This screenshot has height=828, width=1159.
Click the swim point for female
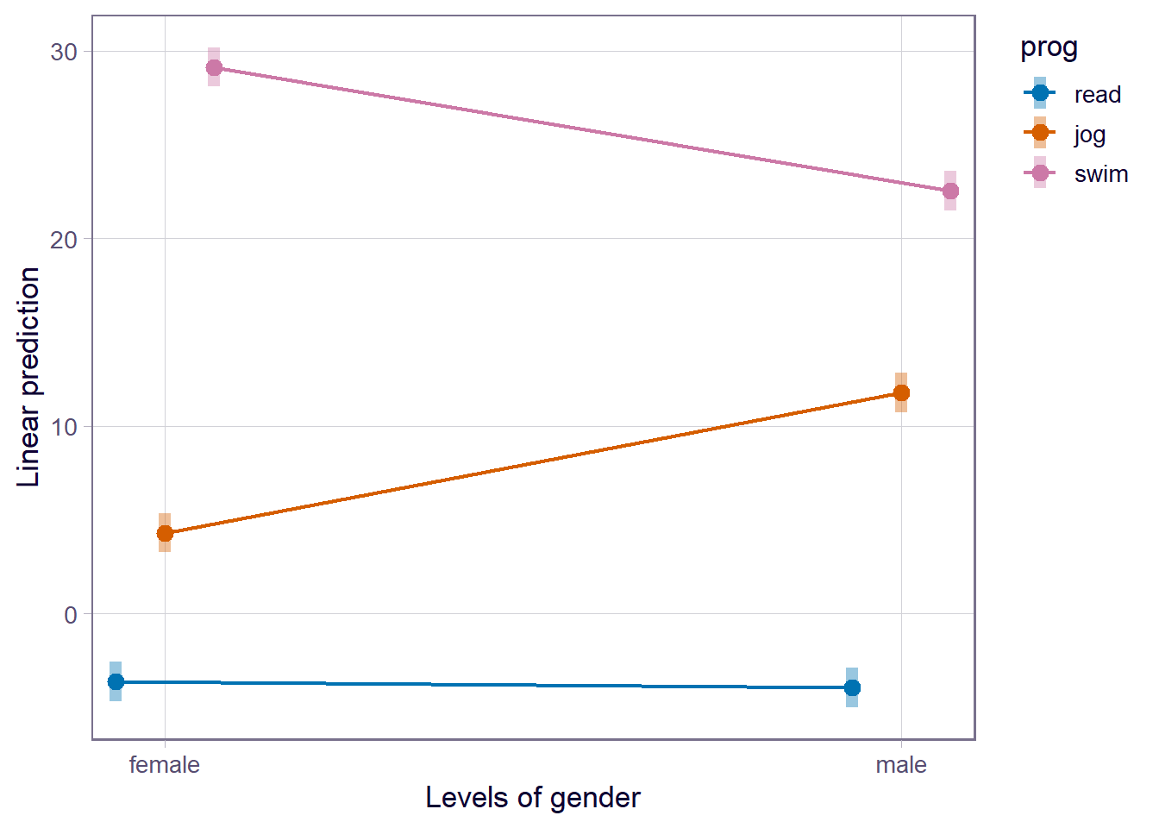pyautogui.click(x=214, y=67)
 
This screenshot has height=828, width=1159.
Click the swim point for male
pyautogui.click(x=949, y=191)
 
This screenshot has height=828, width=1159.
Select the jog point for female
pyautogui.click(x=165, y=533)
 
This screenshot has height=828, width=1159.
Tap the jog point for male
pyautogui.click(x=901, y=392)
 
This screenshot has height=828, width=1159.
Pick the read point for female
pyautogui.click(x=116, y=681)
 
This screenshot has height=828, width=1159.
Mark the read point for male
pyautogui.click(x=852, y=687)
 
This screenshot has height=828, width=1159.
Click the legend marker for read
pyautogui.click(x=1040, y=93)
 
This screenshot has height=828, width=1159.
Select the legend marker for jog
pyautogui.click(x=1040, y=133)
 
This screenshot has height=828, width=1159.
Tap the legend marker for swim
pyautogui.click(x=1040, y=172)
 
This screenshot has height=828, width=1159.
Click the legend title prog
pyautogui.click(x=1049, y=47)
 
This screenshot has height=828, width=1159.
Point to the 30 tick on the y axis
pyautogui.click(x=64, y=52)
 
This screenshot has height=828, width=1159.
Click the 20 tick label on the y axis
pyautogui.click(x=64, y=240)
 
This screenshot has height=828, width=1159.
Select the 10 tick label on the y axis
pyautogui.click(x=64, y=427)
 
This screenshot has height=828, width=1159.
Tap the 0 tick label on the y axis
pyautogui.click(x=71, y=615)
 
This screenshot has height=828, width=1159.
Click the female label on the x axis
pyautogui.click(x=165, y=765)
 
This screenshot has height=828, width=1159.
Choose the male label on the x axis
pyautogui.click(x=901, y=765)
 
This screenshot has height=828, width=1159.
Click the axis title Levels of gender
pyautogui.click(x=533, y=798)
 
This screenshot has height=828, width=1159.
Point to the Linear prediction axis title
pyautogui.click(x=29, y=377)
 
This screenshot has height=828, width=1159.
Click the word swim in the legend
pyautogui.click(x=1101, y=174)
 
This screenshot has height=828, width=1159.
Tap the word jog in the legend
pyautogui.click(x=1090, y=135)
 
